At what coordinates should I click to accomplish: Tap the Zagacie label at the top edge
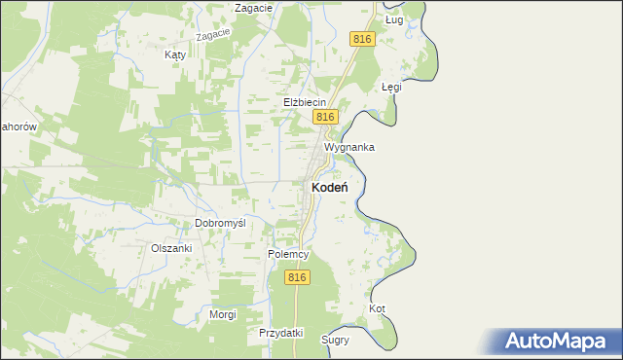coord(251,8)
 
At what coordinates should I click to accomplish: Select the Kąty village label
coord(175,55)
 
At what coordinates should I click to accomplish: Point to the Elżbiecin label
coord(304,101)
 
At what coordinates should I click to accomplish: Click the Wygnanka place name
coord(348,147)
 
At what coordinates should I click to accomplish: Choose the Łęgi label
coord(391,87)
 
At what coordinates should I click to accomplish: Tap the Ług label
coord(393,19)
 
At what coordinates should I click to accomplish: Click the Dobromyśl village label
coord(219,223)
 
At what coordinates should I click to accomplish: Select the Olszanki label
coord(171,248)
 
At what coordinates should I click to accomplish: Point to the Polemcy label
coord(288,254)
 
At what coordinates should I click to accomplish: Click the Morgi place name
coord(223,315)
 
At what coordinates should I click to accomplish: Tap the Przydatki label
coord(281,333)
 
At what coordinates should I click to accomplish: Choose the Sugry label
coord(335,341)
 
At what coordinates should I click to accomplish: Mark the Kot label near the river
coord(377,309)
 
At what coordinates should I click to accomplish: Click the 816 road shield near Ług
coord(362,38)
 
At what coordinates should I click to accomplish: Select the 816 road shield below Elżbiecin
coord(325,117)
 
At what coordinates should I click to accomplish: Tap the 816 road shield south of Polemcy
coord(298,277)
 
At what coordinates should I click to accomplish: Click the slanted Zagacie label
coord(212,35)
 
